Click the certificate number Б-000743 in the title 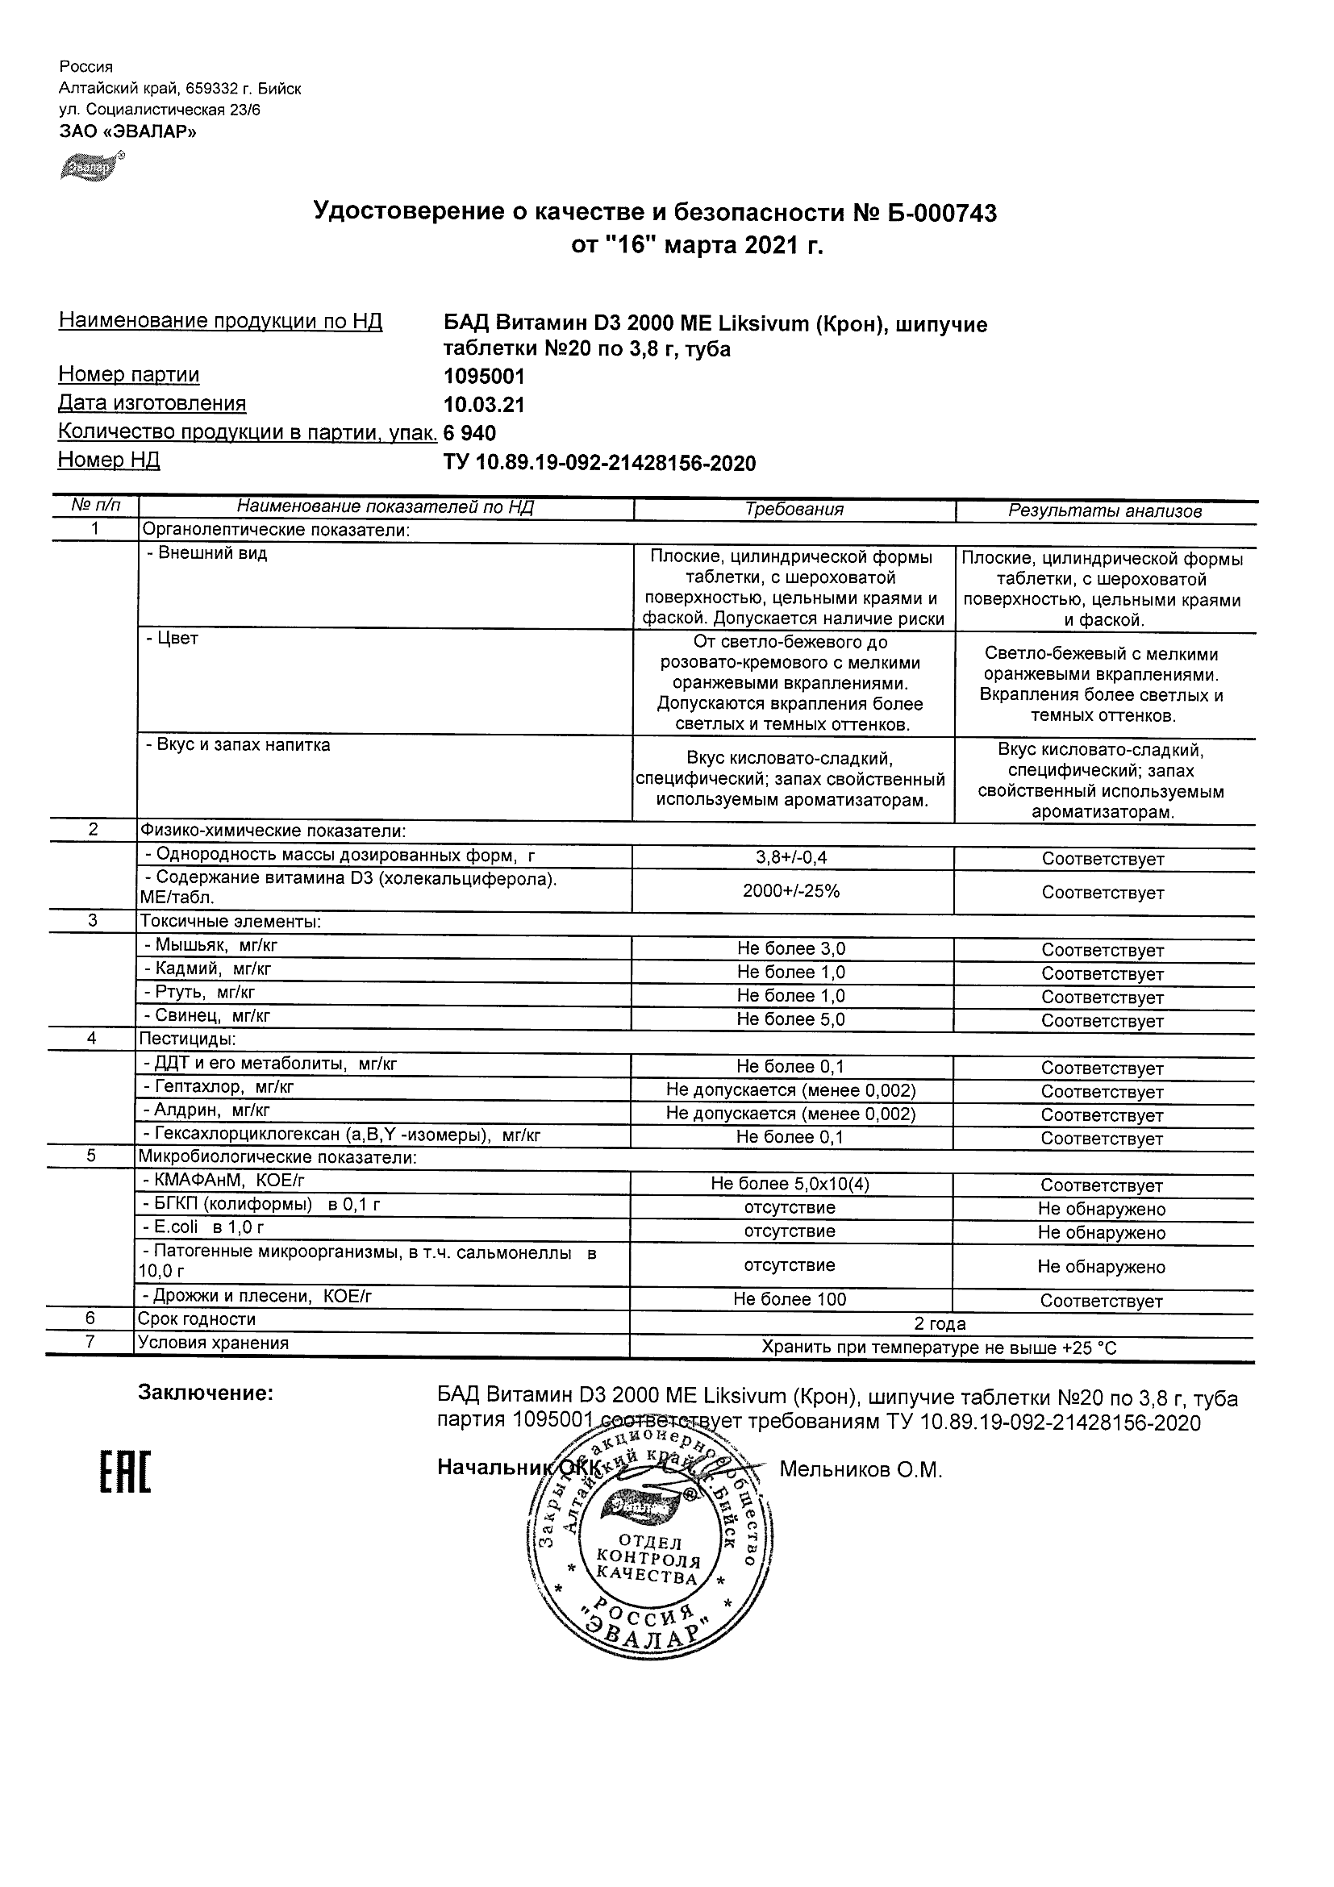pos(940,214)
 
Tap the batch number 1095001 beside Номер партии pos(483,377)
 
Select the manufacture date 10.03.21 pos(483,405)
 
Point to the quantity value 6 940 pos(469,433)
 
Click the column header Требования pos(793,510)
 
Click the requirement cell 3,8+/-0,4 pos(791,857)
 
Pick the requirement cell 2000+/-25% pos(791,891)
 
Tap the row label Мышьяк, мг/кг pos(216,945)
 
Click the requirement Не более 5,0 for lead pos(790,1019)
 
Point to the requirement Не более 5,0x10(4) pos(790,1184)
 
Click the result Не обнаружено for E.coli pos(1101,1232)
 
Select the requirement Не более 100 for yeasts pos(789,1299)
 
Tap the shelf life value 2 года pos(940,1324)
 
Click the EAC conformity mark pos(126,1473)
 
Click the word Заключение pos(206,1393)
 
